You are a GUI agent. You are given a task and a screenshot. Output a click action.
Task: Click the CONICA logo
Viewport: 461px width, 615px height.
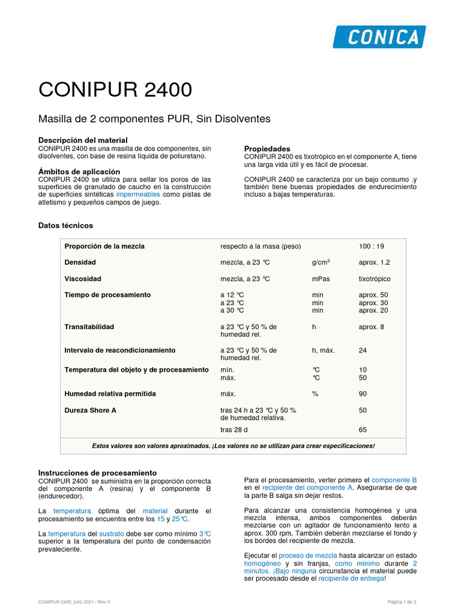pos(379,37)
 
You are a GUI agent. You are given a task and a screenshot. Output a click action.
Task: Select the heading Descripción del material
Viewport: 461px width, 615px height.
pos(83,140)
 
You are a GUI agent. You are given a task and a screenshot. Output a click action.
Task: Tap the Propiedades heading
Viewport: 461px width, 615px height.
pos(267,148)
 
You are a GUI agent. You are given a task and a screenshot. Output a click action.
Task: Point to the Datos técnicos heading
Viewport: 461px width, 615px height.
pos(65,225)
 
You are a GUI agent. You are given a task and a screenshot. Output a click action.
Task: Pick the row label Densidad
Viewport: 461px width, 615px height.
pos(80,262)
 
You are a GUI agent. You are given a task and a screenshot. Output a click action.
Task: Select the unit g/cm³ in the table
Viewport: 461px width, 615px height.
pos(321,262)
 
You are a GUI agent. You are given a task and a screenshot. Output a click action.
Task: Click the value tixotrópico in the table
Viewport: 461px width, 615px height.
pos(375,279)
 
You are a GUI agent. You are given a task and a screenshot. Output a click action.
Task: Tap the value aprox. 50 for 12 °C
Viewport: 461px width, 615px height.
pos(373,295)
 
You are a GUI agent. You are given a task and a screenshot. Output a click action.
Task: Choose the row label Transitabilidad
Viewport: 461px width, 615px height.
pos(89,327)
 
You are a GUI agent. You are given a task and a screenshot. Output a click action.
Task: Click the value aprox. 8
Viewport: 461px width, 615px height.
pos(372,327)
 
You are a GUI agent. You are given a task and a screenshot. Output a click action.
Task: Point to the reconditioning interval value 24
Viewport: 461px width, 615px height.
pos(363,350)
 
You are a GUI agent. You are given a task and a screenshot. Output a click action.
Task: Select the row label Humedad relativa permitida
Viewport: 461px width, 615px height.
pos(110,394)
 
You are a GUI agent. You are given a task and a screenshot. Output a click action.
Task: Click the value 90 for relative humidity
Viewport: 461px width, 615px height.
pos(363,394)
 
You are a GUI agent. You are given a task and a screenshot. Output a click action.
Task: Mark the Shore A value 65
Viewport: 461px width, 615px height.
pos(363,430)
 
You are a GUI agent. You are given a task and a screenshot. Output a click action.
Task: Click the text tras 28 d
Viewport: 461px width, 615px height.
pos(234,430)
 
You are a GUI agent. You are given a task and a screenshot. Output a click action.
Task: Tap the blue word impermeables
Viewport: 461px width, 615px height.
pos(138,195)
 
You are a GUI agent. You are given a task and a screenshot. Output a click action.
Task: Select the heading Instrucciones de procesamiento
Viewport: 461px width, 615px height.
pos(97,473)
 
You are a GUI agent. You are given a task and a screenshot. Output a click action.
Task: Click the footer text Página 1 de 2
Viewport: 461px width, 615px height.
pos(402,602)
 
